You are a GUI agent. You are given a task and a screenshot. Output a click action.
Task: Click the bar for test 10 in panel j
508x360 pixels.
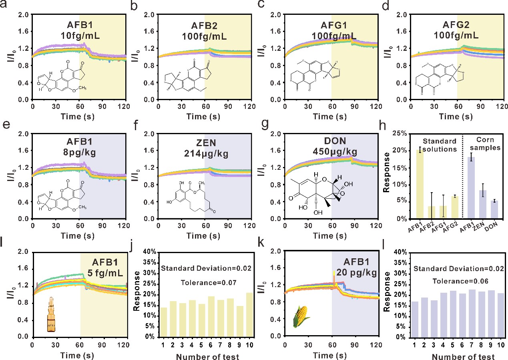tap(249, 315)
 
